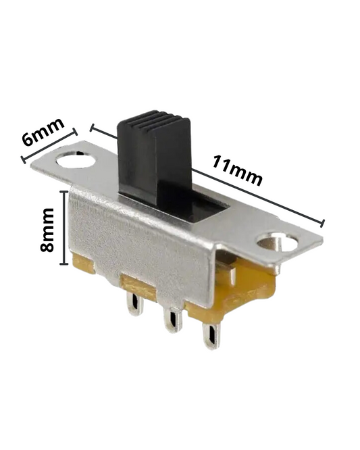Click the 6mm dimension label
(x=44, y=132)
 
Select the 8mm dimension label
(x=47, y=230)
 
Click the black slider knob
(x=154, y=159)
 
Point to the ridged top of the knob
(x=154, y=120)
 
